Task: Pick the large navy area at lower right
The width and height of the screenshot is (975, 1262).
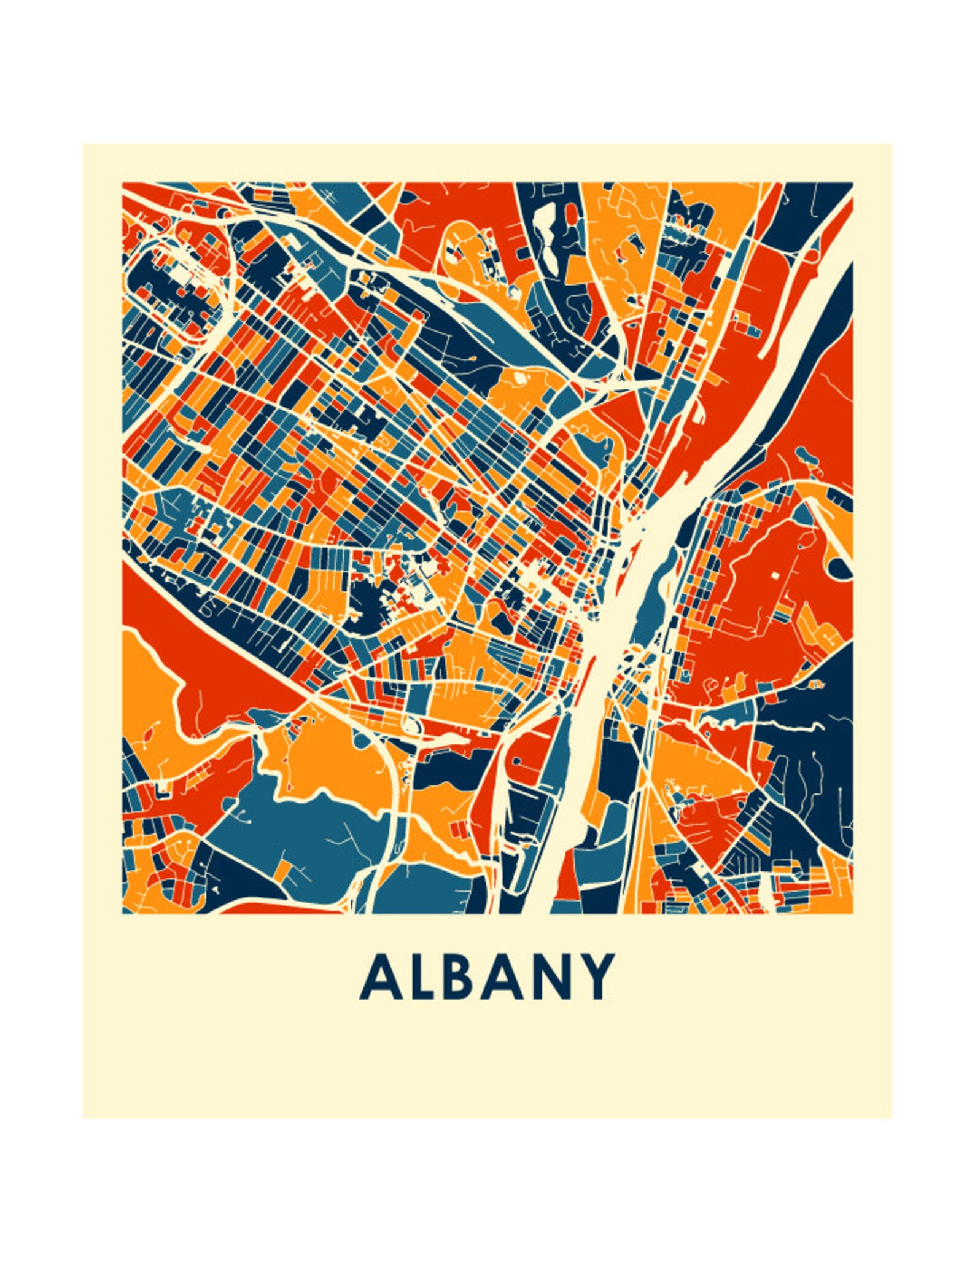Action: (x=810, y=737)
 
